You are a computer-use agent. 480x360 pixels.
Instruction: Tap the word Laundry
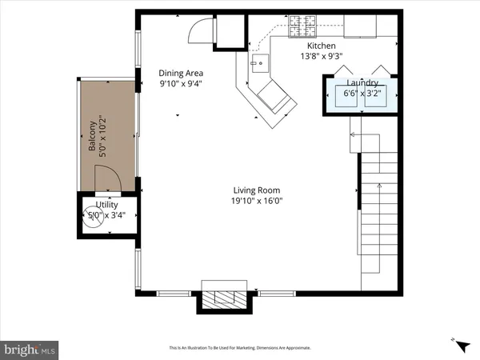(362, 82)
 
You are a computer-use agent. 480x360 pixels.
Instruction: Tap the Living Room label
(257, 190)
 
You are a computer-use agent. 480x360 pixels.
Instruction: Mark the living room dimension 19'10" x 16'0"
(257, 201)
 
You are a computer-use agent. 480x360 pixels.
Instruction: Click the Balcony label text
(92, 140)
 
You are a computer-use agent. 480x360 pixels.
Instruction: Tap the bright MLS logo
(29, 349)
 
